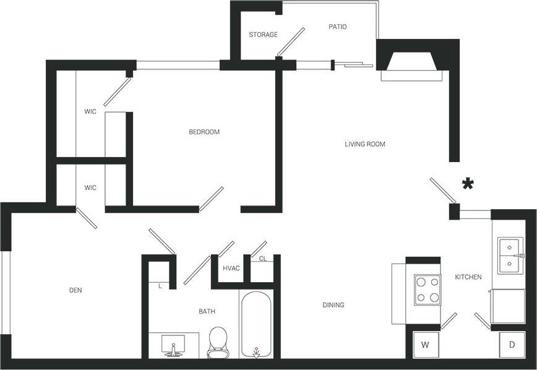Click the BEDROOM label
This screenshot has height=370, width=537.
[204, 132]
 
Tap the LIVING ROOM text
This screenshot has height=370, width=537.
[365, 144]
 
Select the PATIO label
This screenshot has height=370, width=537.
[337, 27]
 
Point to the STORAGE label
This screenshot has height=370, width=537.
[263, 35]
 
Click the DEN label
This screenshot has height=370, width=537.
[76, 290]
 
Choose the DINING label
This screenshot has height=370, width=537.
[333, 305]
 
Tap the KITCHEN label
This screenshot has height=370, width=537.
[468, 277]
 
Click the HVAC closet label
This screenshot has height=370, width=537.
[231, 269]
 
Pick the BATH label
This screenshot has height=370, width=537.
[207, 311]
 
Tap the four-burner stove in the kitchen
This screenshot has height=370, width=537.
[427, 290]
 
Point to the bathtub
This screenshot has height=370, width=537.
[256, 325]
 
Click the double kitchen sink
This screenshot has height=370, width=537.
[511, 255]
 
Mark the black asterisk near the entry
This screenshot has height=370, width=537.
[468, 183]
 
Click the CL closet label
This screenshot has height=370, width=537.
[262, 259]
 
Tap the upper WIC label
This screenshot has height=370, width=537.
[90, 112]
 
